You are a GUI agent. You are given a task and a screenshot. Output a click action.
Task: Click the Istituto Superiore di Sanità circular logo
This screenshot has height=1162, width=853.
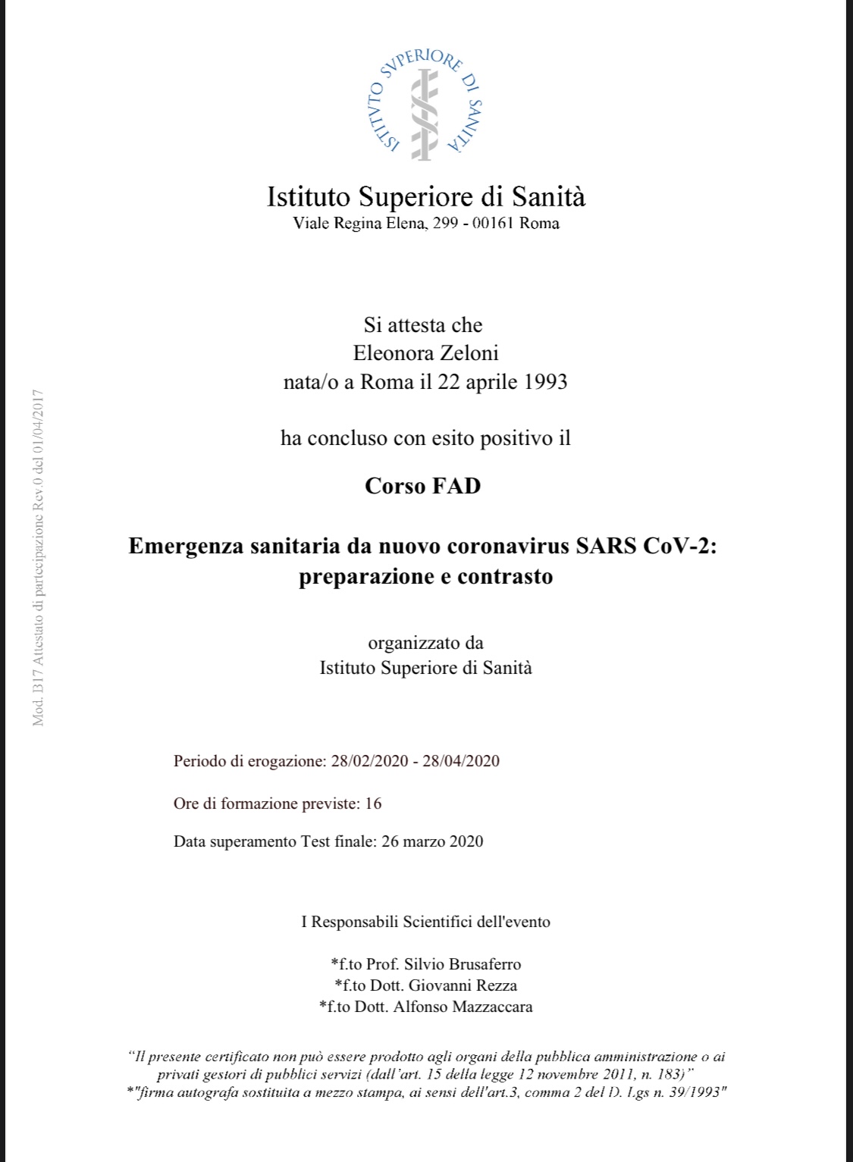(x=426, y=104)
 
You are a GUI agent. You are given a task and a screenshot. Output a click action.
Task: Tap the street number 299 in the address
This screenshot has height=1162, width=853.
(x=444, y=224)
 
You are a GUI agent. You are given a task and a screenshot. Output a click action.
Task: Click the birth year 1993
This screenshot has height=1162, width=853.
(x=545, y=381)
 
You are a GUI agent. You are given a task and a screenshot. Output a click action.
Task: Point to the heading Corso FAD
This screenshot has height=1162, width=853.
(x=423, y=486)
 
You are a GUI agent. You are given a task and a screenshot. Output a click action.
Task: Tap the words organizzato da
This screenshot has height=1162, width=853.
(x=425, y=643)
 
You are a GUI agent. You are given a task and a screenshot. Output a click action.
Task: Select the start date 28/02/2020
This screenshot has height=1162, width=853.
(x=369, y=761)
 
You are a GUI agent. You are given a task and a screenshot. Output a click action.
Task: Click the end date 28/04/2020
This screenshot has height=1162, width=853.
(x=461, y=761)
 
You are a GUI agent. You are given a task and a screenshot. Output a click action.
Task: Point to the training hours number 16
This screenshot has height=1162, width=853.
(x=373, y=803)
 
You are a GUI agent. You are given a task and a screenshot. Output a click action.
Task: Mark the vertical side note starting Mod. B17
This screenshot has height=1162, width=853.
(x=39, y=557)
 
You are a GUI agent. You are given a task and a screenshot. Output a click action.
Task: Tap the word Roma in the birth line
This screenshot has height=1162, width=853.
(x=387, y=381)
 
